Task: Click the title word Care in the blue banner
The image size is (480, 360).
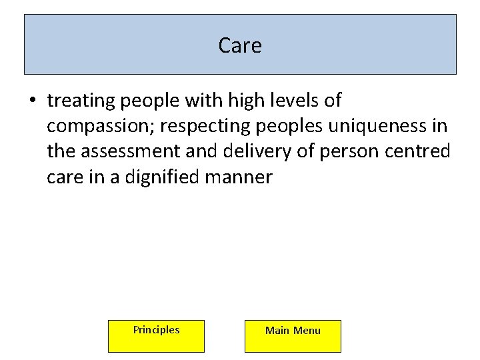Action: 240,45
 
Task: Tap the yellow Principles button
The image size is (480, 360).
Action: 156,335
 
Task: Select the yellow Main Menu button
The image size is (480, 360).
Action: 293,335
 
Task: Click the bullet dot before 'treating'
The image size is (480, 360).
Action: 31,101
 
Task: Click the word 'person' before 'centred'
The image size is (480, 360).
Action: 349,151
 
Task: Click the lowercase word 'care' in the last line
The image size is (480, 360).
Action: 65,177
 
